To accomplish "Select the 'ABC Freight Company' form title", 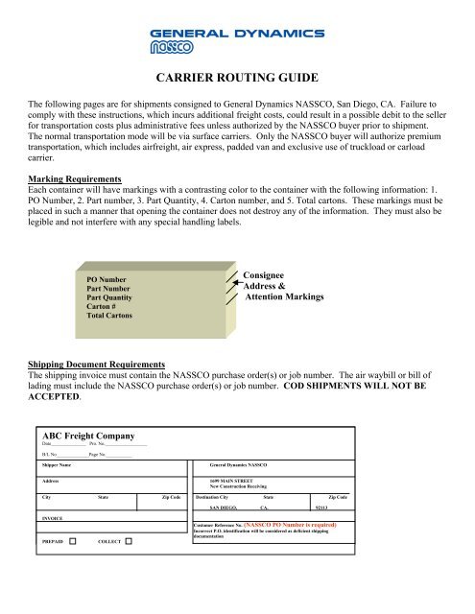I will pos(94,435).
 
